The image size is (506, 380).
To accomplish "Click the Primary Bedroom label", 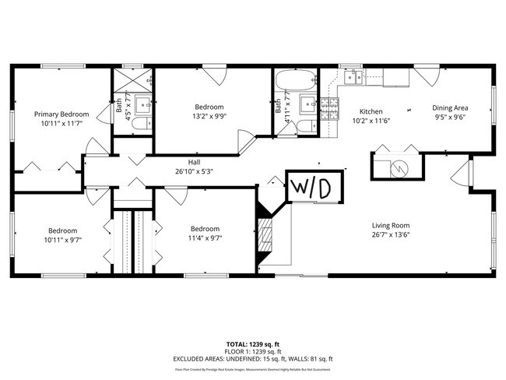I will [x=61, y=114].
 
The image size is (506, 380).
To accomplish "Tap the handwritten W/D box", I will [x=311, y=187].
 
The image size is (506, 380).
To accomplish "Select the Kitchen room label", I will [x=370, y=111].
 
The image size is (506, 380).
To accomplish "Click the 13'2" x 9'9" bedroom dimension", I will [x=209, y=115].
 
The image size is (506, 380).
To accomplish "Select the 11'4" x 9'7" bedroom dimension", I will [x=206, y=238].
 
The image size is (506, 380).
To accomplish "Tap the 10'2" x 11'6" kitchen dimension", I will [x=370, y=121].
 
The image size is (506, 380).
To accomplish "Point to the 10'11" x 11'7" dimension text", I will [x=61, y=123].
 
